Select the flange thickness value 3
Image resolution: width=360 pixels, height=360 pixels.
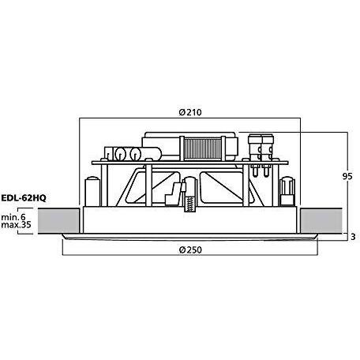pyautogui.click(x=354, y=235)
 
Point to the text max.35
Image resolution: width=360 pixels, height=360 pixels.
pyautogui.click(x=15, y=224)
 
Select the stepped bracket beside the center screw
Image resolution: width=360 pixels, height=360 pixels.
pyautogui.click(x=173, y=193)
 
